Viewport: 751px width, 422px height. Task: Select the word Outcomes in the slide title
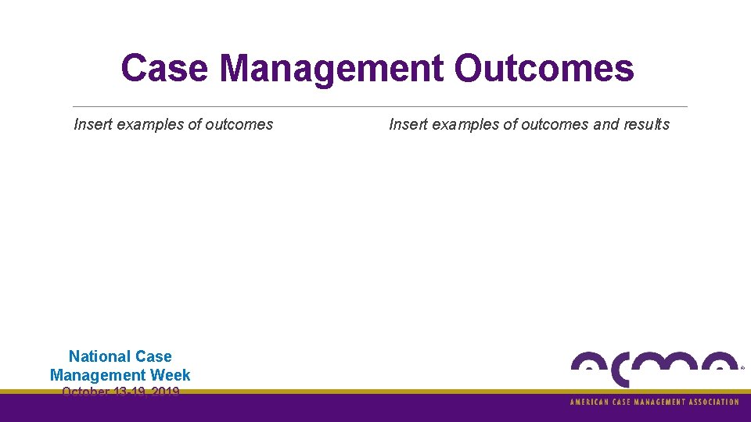click(x=544, y=68)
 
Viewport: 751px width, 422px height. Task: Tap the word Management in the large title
click(x=332, y=68)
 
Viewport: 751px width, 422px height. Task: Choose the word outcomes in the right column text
click(x=555, y=124)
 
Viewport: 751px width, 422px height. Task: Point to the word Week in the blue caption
click(x=171, y=375)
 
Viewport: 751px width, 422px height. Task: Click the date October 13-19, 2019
click(x=120, y=392)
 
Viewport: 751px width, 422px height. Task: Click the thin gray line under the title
click(x=379, y=106)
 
